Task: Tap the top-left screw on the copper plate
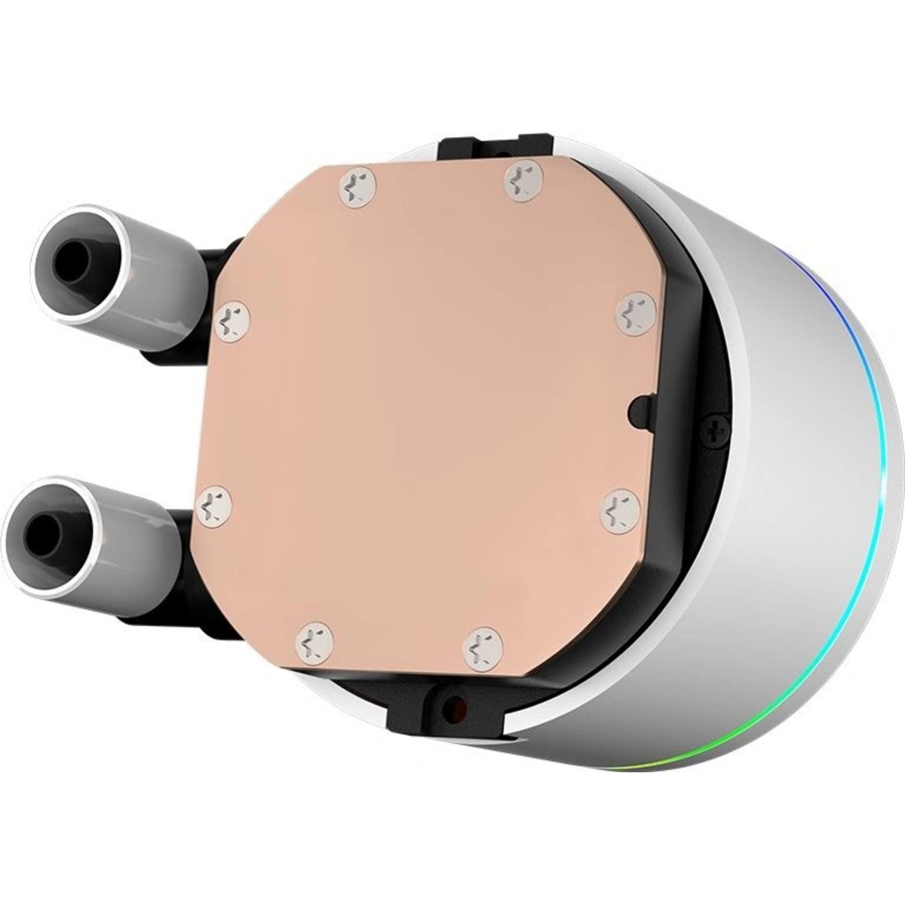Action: [x=357, y=185]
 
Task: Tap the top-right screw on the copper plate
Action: [x=520, y=180]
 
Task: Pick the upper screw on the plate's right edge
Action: [x=633, y=311]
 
